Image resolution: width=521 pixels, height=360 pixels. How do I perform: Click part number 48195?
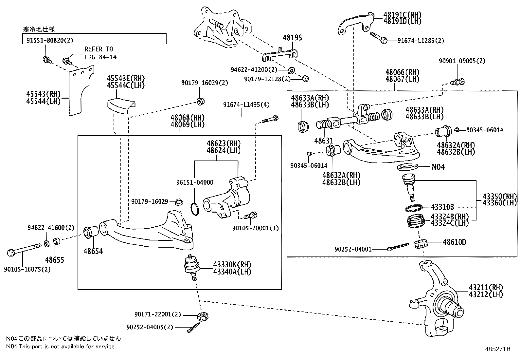point(292,38)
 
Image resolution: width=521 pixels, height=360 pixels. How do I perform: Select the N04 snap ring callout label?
point(438,167)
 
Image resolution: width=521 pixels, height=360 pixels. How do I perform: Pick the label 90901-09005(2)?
point(462,61)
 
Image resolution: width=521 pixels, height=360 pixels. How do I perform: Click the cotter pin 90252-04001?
point(398,247)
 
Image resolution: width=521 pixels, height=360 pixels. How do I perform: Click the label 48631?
point(323,141)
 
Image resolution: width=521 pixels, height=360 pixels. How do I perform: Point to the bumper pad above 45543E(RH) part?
point(121,105)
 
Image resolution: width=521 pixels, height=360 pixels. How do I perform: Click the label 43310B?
point(442,207)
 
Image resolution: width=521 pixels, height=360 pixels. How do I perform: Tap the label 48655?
point(55,260)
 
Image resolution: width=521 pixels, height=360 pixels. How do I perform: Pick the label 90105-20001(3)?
point(255,228)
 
